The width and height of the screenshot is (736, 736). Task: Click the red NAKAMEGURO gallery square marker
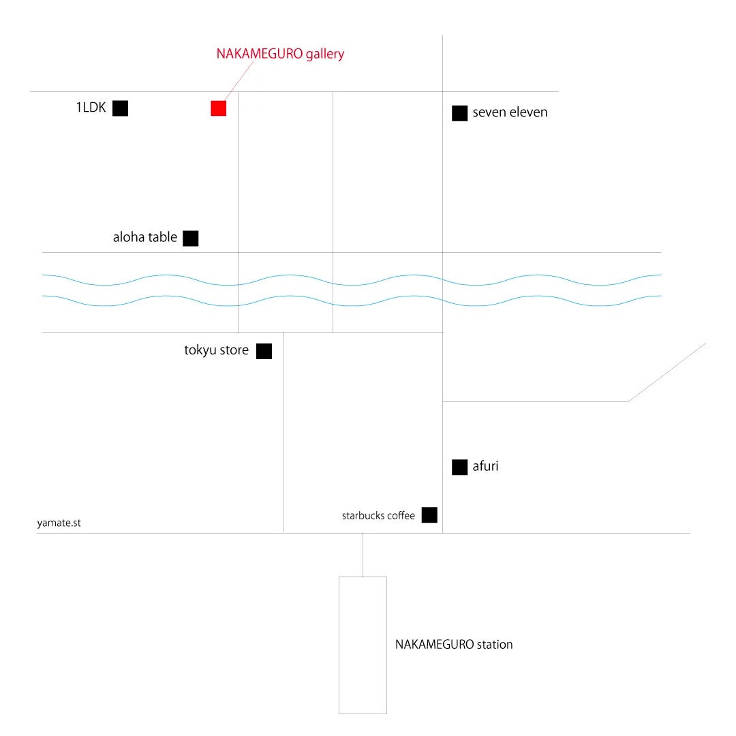(218, 108)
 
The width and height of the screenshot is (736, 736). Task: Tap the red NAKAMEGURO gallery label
(280, 54)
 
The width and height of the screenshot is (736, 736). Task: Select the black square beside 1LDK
(120, 108)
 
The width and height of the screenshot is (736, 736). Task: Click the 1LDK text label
(91, 107)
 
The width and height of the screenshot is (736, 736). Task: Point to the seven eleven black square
(459, 113)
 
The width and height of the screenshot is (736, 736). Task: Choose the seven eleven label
(510, 112)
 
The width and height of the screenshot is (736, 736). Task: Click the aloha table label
(144, 238)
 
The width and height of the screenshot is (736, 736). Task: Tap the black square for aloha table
(191, 238)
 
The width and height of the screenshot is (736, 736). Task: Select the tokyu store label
(216, 350)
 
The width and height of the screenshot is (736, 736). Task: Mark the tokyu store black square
(264, 351)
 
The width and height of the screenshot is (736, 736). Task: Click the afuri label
(485, 467)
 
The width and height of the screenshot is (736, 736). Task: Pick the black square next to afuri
(459, 467)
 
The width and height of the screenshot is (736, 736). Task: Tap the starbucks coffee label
(378, 516)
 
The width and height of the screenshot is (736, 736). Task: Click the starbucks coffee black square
(429, 515)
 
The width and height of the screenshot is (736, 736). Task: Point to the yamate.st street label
(59, 523)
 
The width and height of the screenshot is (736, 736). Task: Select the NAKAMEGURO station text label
(454, 644)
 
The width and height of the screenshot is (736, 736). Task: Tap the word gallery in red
(325, 54)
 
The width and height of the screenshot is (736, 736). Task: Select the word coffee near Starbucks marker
(401, 516)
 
